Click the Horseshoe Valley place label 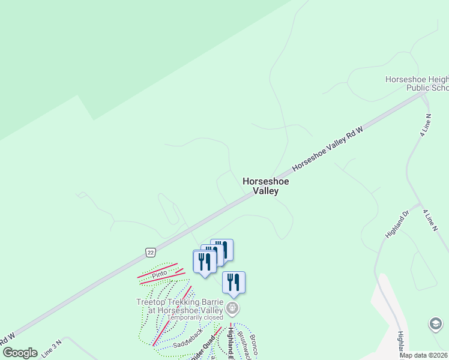[266, 186]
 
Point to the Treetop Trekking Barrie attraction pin [233, 309]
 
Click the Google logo [19, 352]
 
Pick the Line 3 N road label [52, 350]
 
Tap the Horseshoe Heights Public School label [417, 84]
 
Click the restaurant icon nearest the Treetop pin [234, 282]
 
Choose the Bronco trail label [254, 344]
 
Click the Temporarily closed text [195, 317]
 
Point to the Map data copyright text [423, 355]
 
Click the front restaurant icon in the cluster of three [204, 262]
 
